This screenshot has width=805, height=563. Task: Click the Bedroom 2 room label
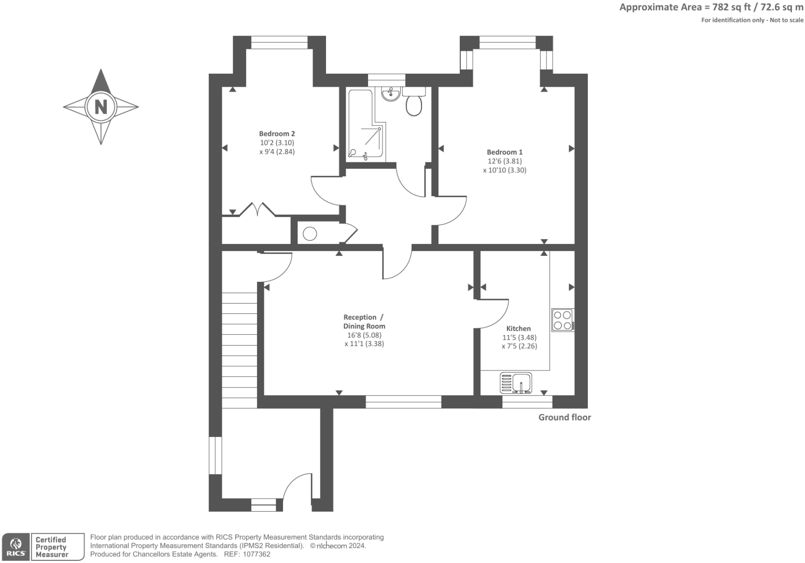[277, 133]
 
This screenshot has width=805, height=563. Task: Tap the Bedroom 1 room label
[504, 152]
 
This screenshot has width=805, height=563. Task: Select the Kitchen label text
[518, 328]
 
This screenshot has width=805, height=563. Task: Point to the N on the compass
[101, 107]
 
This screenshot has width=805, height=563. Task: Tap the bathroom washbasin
[391, 94]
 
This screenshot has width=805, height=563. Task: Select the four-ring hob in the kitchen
[562, 320]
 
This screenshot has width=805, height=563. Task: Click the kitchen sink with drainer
[516, 383]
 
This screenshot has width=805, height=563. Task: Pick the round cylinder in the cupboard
[310, 234]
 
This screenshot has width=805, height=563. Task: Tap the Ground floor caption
[564, 417]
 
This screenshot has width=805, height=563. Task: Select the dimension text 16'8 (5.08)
[364, 335]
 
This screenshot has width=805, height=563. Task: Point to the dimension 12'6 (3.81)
[504, 161]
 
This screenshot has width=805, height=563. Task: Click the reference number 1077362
[256, 554]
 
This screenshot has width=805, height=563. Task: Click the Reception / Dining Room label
[364, 322]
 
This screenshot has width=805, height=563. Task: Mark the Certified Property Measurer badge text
[51, 547]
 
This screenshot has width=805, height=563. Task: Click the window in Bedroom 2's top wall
[279, 43]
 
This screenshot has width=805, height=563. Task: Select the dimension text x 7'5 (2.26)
[519, 346]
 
